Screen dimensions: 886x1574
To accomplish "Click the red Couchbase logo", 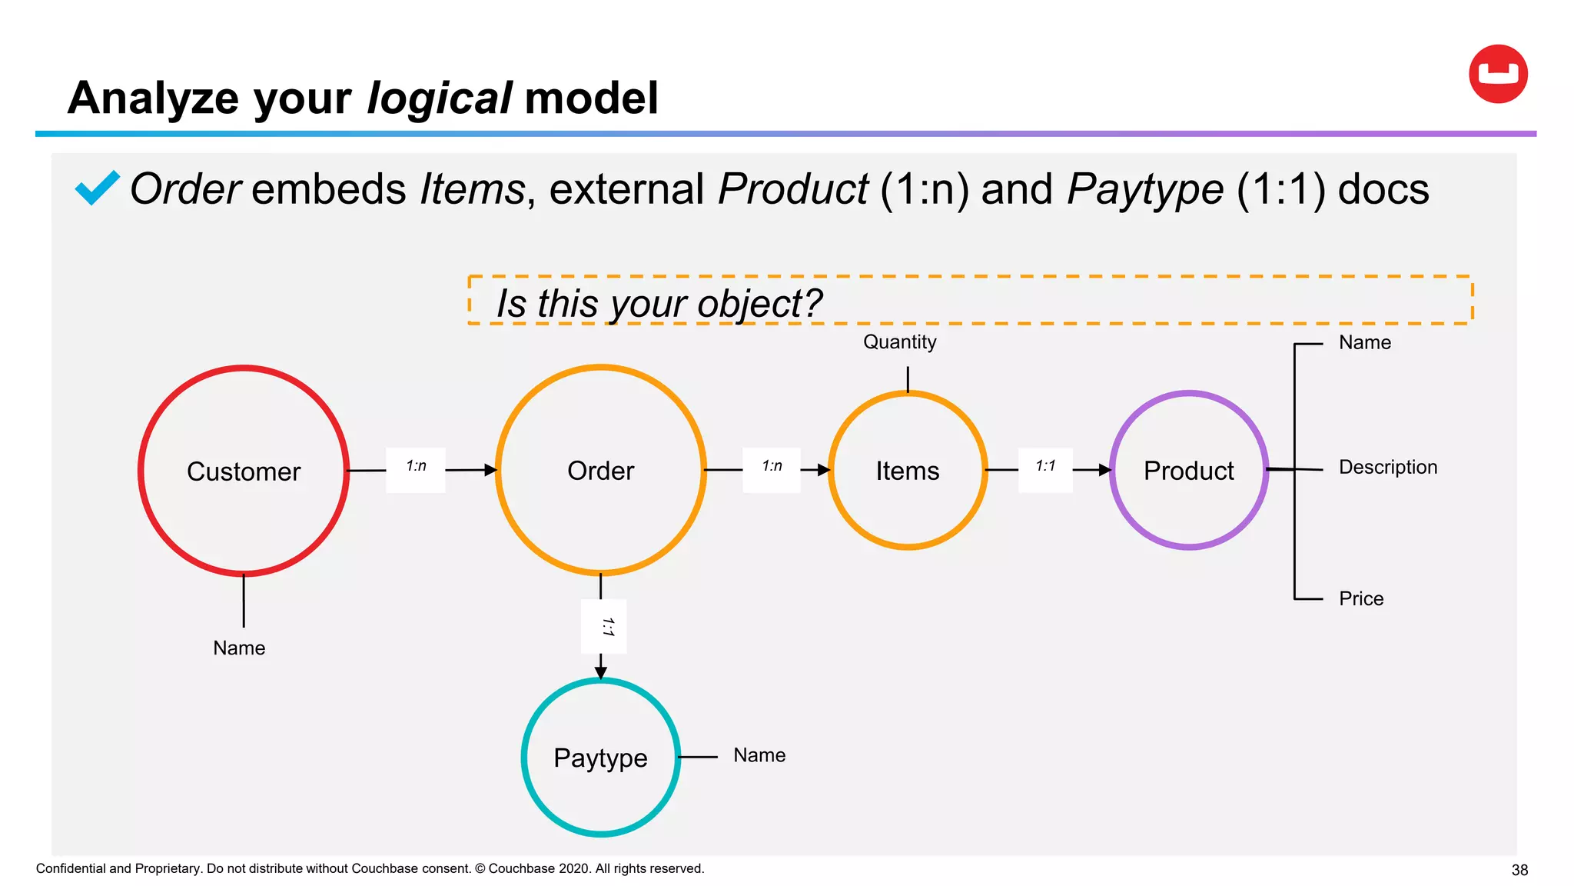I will click(1498, 74).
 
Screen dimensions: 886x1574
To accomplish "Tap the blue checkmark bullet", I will click(97, 188).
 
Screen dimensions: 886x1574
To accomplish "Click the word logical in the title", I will click(439, 98).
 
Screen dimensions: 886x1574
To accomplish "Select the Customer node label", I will click(244, 471).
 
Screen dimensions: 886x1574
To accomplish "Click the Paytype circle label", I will click(600, 758).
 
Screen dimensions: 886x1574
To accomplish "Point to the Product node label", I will click(1188, 471).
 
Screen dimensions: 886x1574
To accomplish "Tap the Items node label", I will click(908, 471).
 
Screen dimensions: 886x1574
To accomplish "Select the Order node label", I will click(600, 471).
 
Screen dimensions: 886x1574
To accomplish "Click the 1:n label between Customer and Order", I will click(416, 466).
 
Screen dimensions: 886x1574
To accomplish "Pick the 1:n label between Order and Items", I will click(772, 466).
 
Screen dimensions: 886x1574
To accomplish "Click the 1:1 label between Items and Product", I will click(1045, 466).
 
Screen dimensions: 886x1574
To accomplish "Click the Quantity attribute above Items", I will click(899, 342).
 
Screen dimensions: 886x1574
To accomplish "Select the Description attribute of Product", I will click(1387, 467).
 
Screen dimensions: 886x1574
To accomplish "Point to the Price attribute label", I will click(1360, 598).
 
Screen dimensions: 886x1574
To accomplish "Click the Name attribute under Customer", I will click(239, 648).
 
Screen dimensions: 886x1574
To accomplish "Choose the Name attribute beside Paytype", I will click(759, 755).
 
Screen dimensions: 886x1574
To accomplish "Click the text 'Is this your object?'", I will click(659, 303).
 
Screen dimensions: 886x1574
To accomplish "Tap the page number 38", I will click(1519, 870).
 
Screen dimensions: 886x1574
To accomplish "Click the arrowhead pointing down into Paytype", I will click(601, 672).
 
